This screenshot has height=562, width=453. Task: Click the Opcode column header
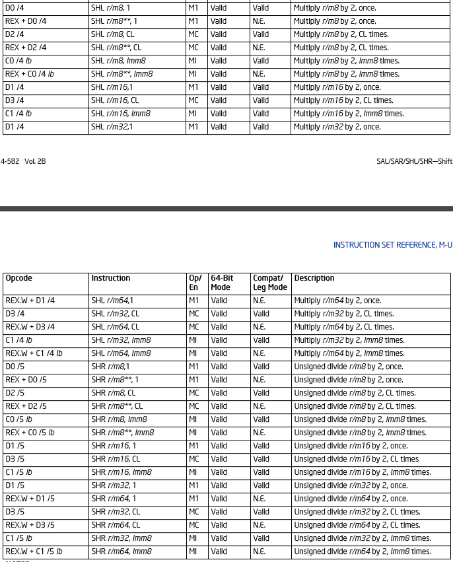click(x=18, y=278)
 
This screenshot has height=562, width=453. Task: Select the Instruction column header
click(x=110, y=278)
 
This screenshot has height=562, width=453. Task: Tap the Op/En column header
click(x=195, y=283)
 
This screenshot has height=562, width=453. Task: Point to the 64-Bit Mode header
click(x=221, y=283)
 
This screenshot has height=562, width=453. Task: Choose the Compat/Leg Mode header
click(x=269, y=283)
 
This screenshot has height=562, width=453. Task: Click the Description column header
click(x=314, y=278)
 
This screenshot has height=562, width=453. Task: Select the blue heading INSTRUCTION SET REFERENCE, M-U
click(x=392, y=245)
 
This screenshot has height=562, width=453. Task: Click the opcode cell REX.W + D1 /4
click(x=30, y=300)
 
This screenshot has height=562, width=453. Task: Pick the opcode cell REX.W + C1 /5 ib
click(x=34, y=551)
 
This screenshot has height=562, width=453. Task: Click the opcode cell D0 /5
click(x=15, y=367)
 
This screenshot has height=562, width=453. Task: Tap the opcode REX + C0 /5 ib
click(x=30, y=433)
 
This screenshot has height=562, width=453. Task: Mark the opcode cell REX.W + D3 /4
click(x=30, y=327)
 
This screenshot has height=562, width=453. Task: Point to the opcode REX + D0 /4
click(x=26, y=21)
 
